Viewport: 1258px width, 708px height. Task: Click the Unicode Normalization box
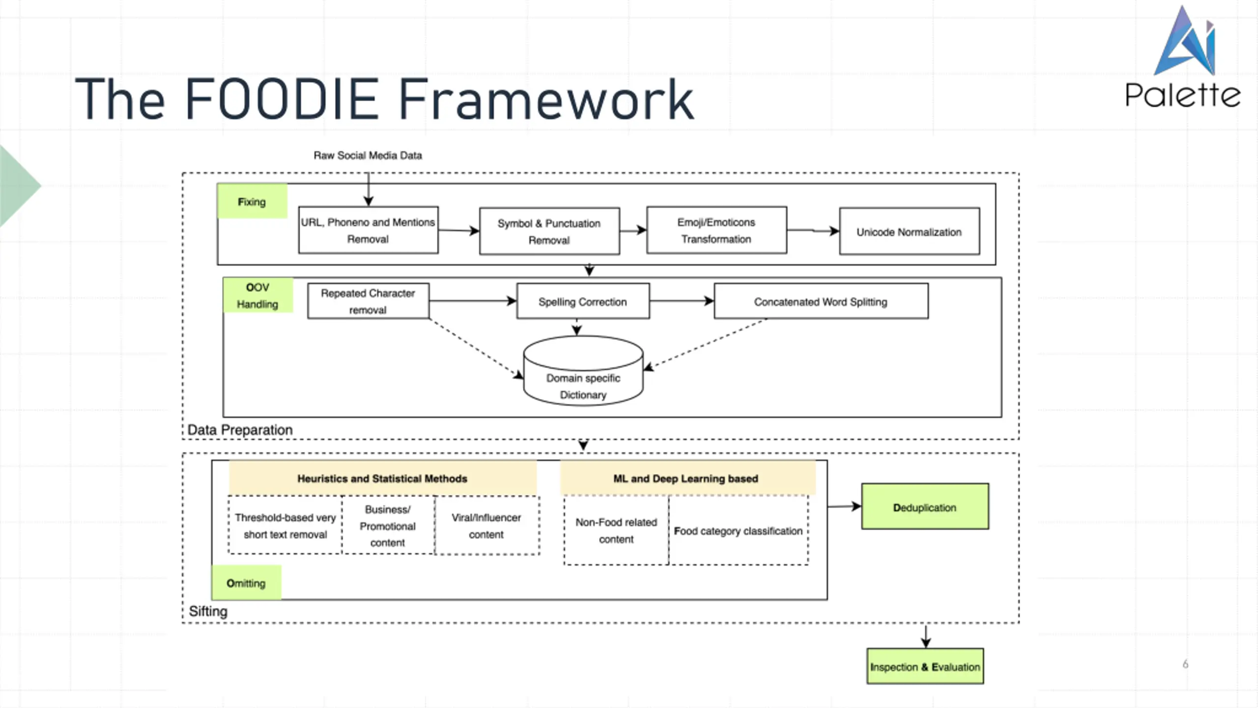point(909,231)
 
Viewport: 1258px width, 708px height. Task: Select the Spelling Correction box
point(583,301)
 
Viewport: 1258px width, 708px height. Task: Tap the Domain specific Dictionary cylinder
point(583,371)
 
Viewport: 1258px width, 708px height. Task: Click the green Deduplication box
point(925,506)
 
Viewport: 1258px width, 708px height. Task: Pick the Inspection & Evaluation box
point(925,666)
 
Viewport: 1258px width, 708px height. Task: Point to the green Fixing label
point(252,201)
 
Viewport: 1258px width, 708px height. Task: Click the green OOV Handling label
point(258,295)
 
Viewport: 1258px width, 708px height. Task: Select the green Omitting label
point(246,583)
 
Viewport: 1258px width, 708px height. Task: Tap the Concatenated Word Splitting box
point(821,301)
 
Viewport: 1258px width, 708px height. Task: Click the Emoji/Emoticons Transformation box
point(716,230)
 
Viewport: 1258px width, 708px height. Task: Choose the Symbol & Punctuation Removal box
point(549,231)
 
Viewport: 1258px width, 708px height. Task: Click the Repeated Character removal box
point(368,301)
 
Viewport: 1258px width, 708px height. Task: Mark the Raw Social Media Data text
point(368,155)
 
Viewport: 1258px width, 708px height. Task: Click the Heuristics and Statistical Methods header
point(382,478)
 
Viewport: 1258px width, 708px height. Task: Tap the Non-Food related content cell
point(616,530)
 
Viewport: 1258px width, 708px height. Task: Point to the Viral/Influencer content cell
point(486,525)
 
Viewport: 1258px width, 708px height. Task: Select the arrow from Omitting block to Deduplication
point(844,506)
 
